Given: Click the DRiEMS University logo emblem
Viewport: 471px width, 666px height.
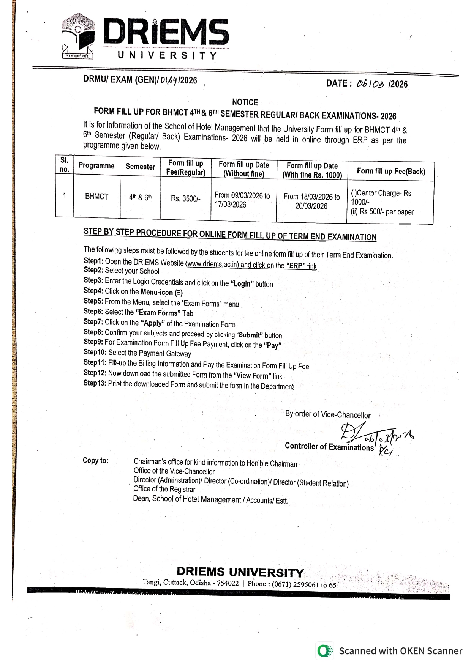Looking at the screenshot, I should (77, 36).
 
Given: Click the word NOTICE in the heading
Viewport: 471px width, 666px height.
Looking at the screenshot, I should (245, 102).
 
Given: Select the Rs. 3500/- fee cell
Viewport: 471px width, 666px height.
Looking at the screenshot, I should (185, 198).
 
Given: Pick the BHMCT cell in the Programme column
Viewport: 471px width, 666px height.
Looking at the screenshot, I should (96, 197).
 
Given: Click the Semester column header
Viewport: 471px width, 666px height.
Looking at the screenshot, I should (140, 167).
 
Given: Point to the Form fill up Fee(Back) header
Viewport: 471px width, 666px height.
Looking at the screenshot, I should (391, 171).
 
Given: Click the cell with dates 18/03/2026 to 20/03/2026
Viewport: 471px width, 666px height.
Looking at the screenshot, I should (311, 202).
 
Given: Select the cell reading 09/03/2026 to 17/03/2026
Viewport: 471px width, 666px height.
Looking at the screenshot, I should (242, 200).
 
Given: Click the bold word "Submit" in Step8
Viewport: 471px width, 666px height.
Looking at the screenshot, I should (250, 335).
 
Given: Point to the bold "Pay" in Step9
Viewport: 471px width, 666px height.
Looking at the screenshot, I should (272, 346).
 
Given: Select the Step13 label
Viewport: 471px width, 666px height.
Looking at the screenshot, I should (95, 383).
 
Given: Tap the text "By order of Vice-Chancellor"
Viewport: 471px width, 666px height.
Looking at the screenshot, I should (328, 414).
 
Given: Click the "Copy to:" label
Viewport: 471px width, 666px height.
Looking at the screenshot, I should (95, 461).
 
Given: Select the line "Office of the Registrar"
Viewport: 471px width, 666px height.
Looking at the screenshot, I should (164, 489).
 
